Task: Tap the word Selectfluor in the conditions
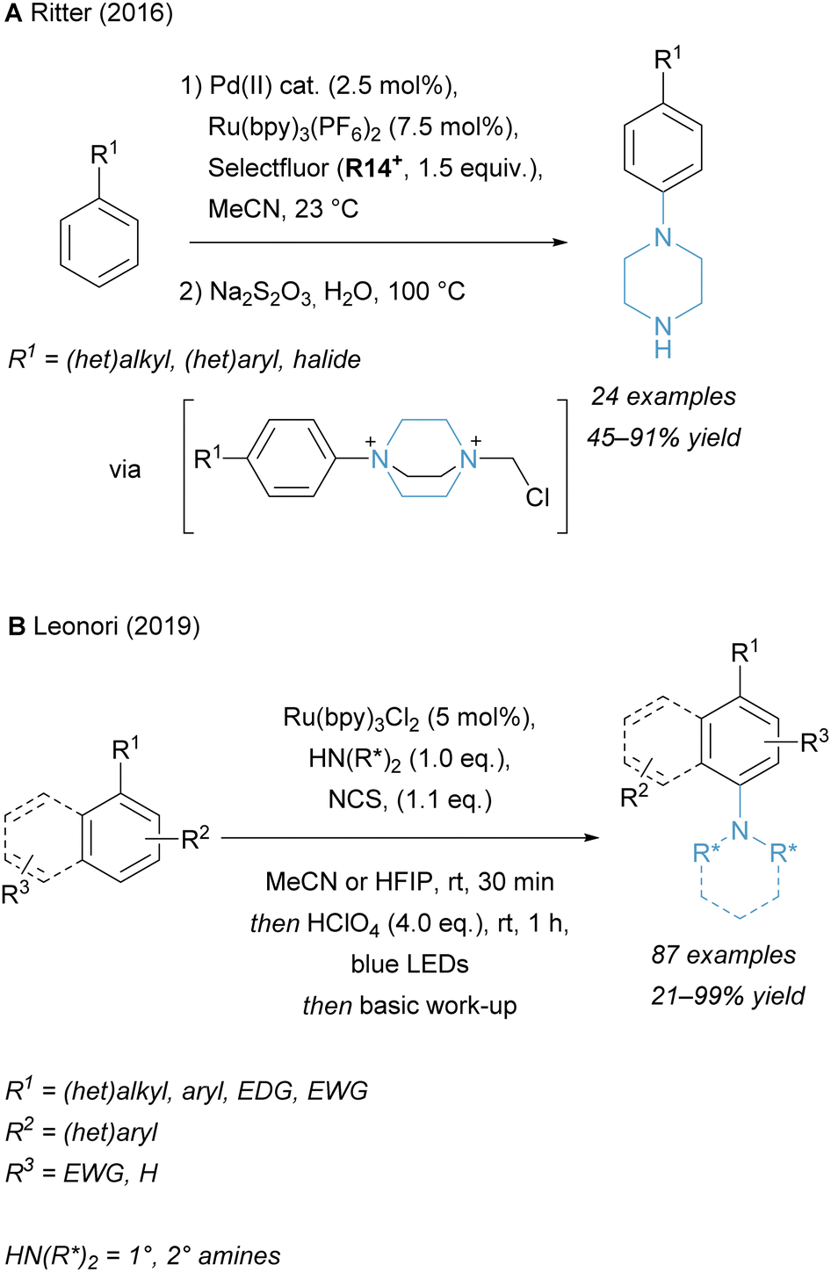[x=269, y=168]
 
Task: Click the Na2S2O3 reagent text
[x=260, y=293]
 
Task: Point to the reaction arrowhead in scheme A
[x=562, y=242]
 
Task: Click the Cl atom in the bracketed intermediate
[x=538, y=498]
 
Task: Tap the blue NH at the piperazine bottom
[x=663, y=338]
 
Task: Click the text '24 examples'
[x=663, y=396]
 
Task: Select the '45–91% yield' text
[x=663, y=437]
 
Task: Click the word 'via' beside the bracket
[x=125, y=470]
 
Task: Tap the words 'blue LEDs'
[x=409, y=965]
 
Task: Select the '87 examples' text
[x=724, y=955]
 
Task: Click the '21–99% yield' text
[x=727, y=996]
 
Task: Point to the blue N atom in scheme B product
[x=741, y=830]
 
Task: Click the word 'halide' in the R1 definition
[x=327, y=360]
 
